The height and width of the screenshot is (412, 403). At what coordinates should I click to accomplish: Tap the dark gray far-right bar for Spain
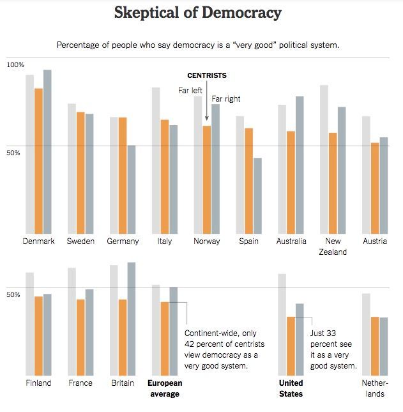(x=257, y=195)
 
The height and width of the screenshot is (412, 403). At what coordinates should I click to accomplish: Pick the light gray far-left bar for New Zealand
(x=324, y=159)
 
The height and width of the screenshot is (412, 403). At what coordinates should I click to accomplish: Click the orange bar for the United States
(x=291, y=346)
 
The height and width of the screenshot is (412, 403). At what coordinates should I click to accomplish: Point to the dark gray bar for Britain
(x=131, y=319)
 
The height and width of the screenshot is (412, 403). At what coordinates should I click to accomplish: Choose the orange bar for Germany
(x=123, y=176)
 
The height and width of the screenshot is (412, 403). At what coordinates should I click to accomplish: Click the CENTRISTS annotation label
(x=206, y=75)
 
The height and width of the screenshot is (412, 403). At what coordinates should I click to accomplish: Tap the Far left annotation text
(x=190, y=91)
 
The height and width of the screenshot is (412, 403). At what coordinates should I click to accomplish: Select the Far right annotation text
(x=225, y=99)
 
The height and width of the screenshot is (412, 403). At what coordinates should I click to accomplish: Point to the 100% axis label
(x=15, y=65)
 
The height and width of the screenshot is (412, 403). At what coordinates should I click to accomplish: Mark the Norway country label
(x=206, y=241)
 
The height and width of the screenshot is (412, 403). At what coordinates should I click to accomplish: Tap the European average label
(x=165, y=388)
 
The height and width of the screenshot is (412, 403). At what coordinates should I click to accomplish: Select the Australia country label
(x=291, y=241)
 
